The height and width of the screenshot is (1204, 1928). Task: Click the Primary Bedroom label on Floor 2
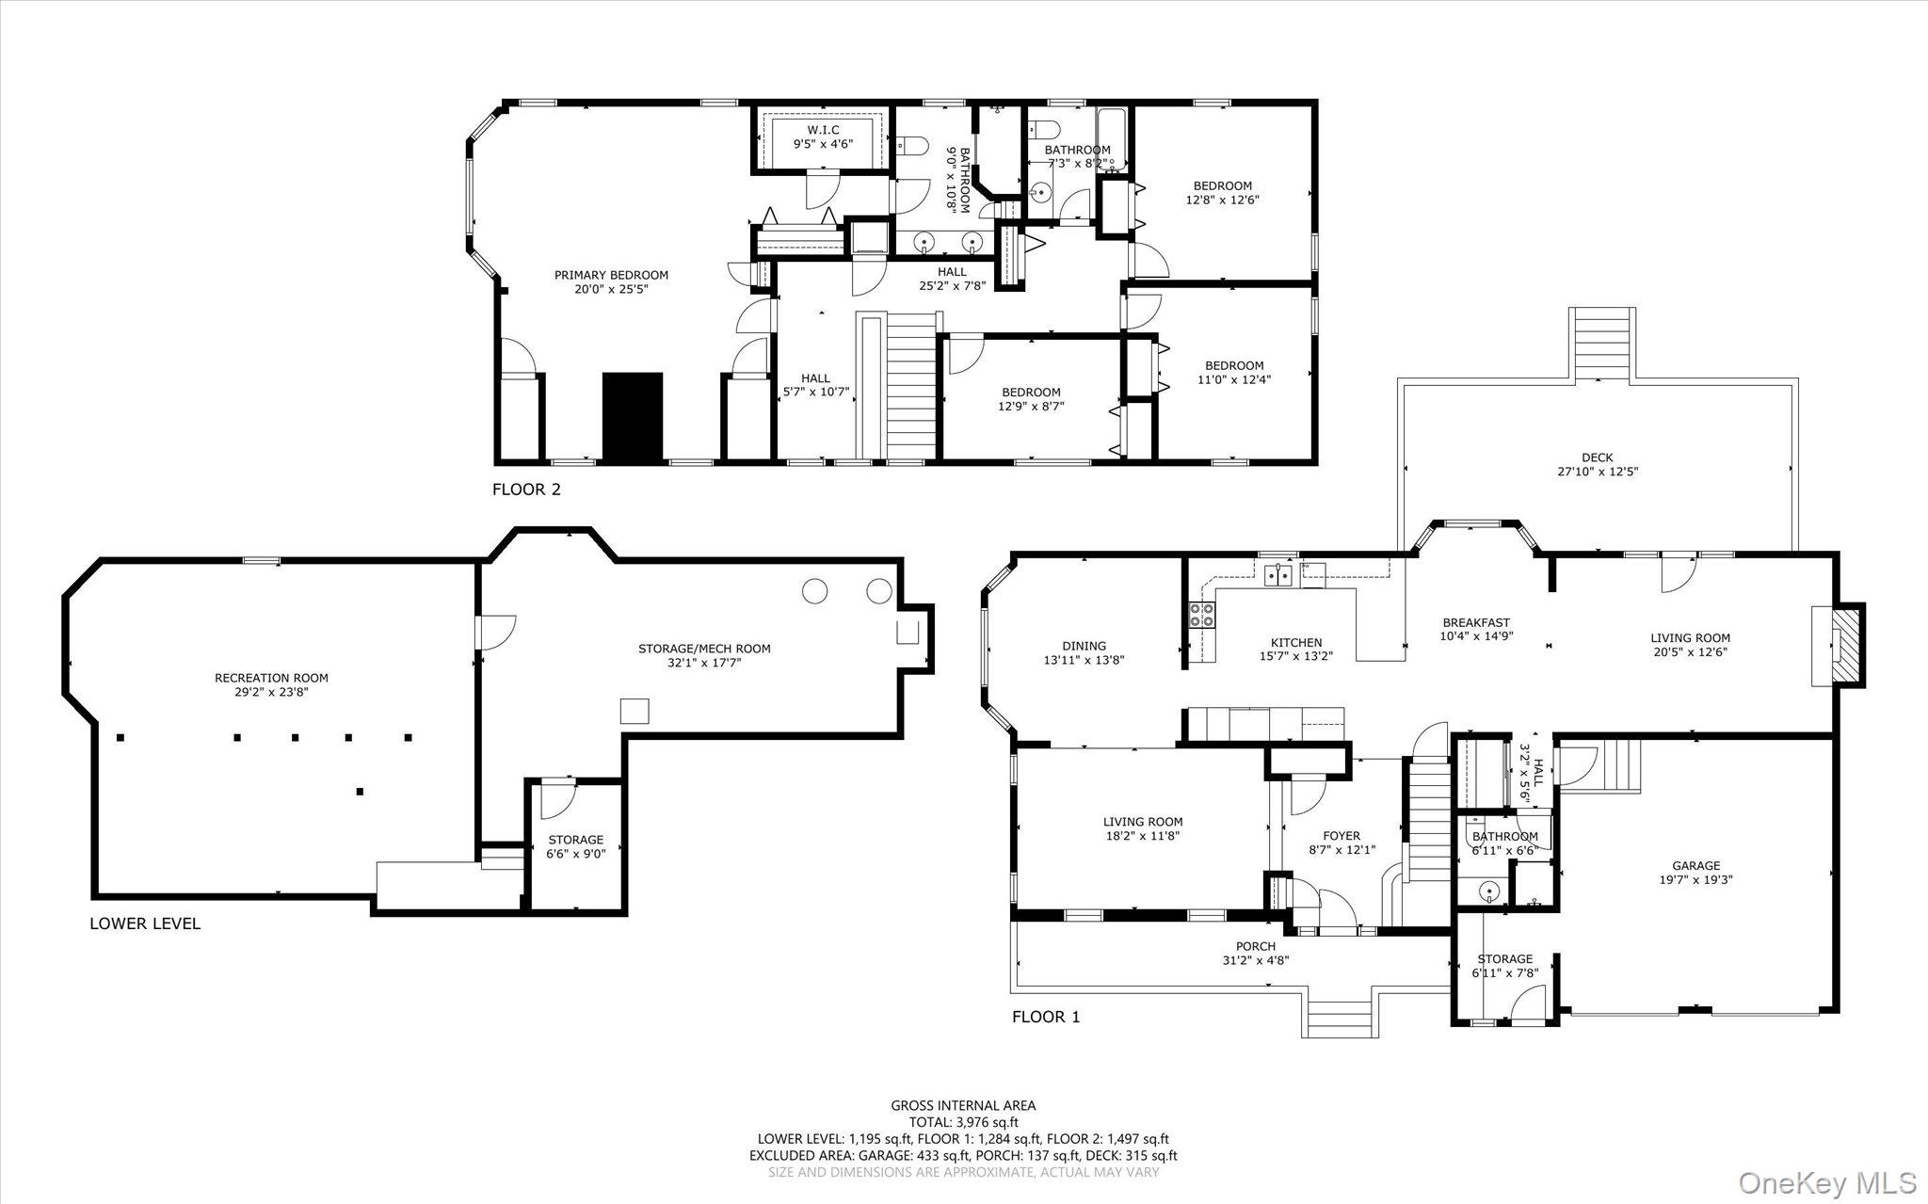click(x=611, y=276)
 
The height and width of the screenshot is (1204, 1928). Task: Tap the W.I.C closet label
click(x=823, y=130)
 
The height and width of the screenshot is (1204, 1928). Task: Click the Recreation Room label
click(x=271, y=678)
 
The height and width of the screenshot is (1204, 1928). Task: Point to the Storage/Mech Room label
click(x=704, y=649)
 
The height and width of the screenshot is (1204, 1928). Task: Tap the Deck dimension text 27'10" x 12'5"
click(x=1597, y=472)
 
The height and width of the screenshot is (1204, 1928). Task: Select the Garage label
click(x=1695, y=866)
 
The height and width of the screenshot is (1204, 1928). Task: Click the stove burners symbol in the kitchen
click(x=1202, y=615)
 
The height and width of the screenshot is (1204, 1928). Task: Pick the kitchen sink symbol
click(x=1277, y=573)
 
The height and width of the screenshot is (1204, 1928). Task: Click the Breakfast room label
click(x=1476, y=622)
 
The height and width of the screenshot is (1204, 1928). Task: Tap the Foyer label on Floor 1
click(x=1341, y=836)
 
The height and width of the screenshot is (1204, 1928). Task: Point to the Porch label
click(x=1256, y=946)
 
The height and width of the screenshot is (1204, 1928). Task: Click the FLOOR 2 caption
click(x=526, y=490)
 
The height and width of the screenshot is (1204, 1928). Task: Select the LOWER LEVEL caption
click(x=145, y=923)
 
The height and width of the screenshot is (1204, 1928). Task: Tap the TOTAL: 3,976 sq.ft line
click(x=962, y=1122)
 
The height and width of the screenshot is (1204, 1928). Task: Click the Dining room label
click(x=1084, y=647)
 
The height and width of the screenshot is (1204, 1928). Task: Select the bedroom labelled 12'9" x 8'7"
click(x=1031, y=399)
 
